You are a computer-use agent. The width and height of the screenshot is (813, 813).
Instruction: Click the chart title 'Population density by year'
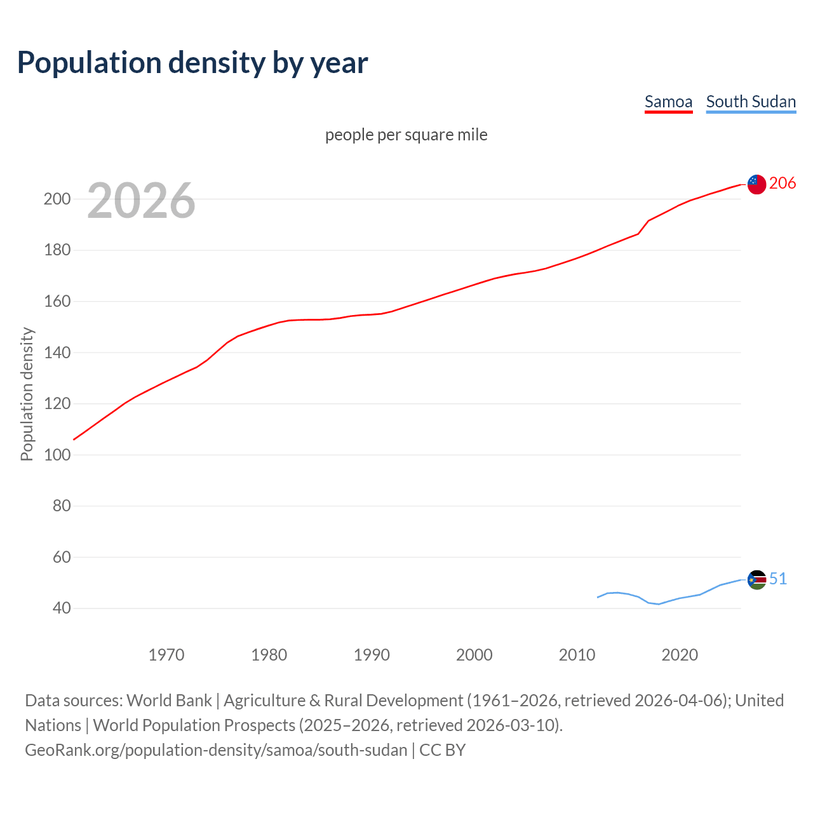[x=192, y=63]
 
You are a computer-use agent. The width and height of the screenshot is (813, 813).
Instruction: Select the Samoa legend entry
[x=668, y=102]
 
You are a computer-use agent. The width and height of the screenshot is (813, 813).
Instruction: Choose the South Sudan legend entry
[x=751, y=102]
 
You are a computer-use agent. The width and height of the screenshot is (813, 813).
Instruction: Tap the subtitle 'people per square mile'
[x=406, y=135]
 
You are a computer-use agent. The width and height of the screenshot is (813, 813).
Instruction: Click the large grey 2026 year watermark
[x=141, y=201]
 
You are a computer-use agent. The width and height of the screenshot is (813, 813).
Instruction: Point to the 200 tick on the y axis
[x=57, y=199]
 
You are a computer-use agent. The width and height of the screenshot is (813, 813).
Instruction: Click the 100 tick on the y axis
[x=57, y=455]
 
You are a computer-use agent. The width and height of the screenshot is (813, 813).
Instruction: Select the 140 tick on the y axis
[x=57, y=353]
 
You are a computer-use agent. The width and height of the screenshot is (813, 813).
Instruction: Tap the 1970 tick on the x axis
[x=166, y=655]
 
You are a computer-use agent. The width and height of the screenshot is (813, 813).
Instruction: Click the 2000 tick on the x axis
[x=474, y=655]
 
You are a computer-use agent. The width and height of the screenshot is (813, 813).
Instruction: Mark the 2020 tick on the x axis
[x=680, y=655]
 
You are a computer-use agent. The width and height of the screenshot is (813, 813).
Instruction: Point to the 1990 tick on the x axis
[x=372, y=655]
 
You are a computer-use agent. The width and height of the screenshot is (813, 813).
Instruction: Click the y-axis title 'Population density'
[x=27, y=394]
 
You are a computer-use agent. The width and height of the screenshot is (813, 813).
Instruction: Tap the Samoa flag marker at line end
[x=756, y=184]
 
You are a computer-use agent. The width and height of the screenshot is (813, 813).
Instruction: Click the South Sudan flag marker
[x=756, y=579]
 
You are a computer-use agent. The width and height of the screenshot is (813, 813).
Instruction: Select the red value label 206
[x=783, y=184]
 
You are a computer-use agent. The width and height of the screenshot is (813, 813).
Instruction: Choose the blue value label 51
[x=778, y=579]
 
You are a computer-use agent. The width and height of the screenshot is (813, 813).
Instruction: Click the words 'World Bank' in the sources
[x=169, y=701]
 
